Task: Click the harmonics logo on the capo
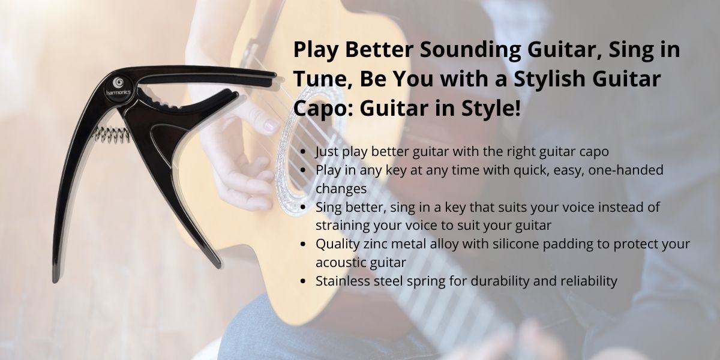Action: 119,88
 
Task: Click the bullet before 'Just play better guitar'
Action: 303,152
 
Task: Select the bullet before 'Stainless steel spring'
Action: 303,281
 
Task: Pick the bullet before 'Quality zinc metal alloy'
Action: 303,244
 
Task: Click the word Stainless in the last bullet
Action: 343,281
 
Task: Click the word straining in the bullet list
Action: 343,226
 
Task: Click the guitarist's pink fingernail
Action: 270,125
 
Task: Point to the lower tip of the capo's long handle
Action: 55,280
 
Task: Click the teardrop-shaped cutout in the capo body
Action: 166,141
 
